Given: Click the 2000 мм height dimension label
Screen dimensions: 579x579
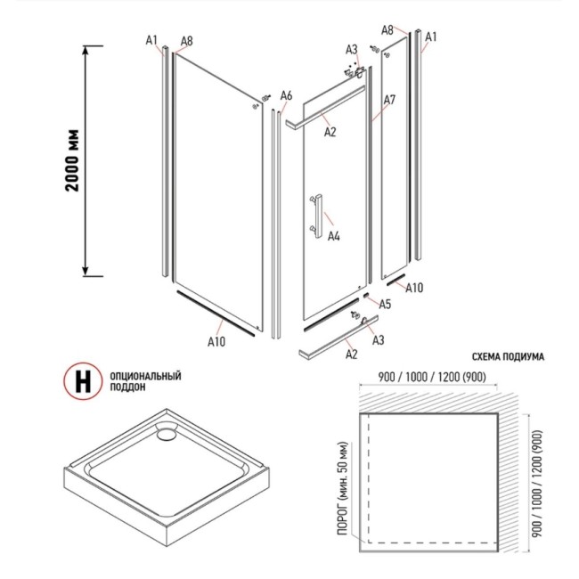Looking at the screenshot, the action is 72,160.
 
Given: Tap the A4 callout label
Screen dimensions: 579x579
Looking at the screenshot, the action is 333,236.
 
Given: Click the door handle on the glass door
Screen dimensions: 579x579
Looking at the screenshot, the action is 317,216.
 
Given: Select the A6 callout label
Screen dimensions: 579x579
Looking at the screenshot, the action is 286,95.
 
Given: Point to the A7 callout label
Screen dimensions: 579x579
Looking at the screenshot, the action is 389,100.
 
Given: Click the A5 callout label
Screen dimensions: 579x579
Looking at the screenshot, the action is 385,304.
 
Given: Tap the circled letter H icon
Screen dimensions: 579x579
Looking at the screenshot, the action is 83,381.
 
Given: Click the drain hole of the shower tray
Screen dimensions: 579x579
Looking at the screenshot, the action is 167,431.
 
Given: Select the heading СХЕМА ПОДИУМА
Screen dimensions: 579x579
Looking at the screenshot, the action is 508,356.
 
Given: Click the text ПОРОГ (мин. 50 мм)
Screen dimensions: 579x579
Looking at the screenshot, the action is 342,488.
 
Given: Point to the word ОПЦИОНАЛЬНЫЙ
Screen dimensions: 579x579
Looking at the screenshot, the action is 145,376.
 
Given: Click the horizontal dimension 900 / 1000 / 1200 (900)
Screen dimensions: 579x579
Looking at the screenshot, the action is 432,377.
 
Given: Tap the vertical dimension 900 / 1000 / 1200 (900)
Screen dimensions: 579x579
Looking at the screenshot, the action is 537,484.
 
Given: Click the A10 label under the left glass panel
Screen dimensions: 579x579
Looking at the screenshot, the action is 216,341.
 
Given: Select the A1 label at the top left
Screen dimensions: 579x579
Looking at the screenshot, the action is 151,40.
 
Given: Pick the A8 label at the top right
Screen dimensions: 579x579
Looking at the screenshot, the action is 387,30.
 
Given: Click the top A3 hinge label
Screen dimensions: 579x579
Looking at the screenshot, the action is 352,50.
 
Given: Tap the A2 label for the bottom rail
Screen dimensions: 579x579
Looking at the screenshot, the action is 352,355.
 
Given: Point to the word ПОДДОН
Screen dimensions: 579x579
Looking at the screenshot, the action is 127,387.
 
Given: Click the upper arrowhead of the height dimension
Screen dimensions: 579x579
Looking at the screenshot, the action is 86,50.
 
